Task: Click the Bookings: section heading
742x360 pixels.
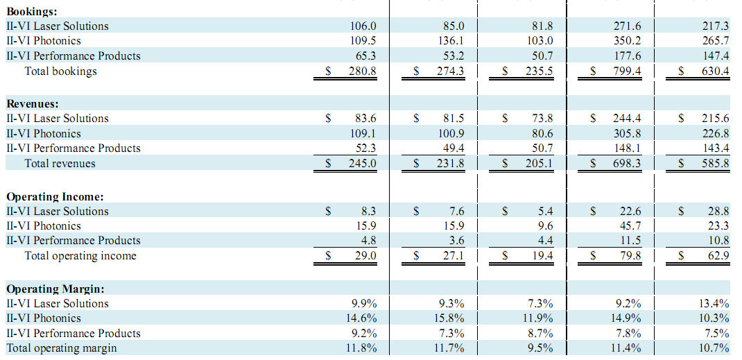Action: click(x=32, y=11)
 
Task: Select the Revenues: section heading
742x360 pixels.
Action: click(x=33, y=103)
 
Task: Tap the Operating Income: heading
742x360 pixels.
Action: click(x=55, y=196)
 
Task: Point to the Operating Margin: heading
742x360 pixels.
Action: click(x=55, y=289)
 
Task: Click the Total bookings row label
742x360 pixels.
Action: click(x=60, y=71)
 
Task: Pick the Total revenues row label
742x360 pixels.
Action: click(x=60, y=164)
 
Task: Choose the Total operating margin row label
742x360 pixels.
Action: click(x=62, y=348)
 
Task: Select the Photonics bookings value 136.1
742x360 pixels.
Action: click(x=451, y=41)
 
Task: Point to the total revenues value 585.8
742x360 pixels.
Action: click(x=716, y=164)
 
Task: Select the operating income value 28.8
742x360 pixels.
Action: click(x=718, y=211)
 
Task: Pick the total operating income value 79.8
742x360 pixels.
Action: click(x=630, y=256)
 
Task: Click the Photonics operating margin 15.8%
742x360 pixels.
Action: click(x=451, y=318)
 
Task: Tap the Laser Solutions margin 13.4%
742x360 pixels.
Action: click(x=715, y=303)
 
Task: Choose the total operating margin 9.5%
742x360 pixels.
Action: click(x=540, y=348)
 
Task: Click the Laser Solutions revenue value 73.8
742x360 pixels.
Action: click(x=542, y=119)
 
